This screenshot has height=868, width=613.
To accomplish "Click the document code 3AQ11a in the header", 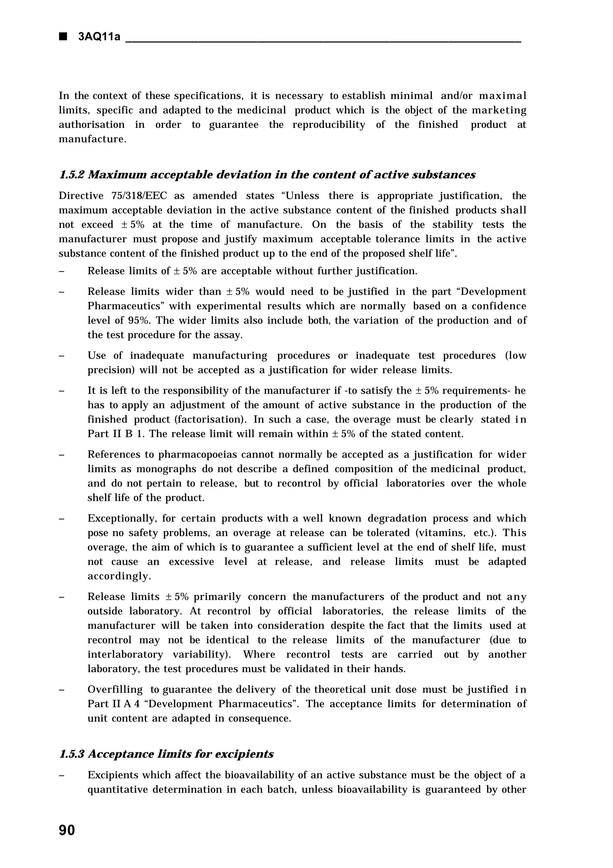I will [x=99, y=37].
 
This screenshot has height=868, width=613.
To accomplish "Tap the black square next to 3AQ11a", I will [x=63, y=37].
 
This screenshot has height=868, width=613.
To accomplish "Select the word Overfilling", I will [x=115, y=689].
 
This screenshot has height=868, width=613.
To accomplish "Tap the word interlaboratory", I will [x=125, y=654].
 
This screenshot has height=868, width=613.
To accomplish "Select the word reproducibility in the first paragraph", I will [x=329, y=125].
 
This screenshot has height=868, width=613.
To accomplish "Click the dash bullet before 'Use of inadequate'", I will [x=62, y=356].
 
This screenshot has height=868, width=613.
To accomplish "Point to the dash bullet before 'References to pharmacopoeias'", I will [x=62, y=455].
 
